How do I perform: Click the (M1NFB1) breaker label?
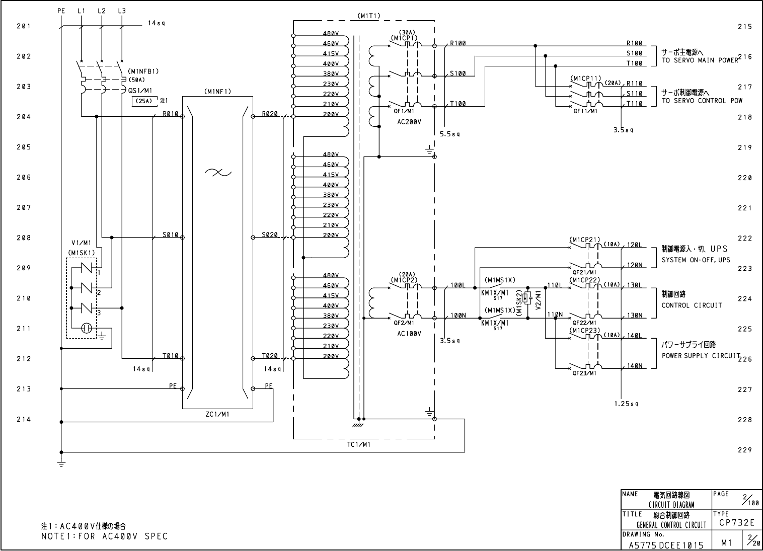coord(143,71)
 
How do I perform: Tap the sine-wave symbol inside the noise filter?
coord(218,173)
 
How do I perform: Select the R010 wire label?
coord(170,113)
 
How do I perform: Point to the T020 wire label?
coord(270,356)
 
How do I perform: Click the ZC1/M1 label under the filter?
coord(217,414)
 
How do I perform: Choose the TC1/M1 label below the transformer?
coord(359,444)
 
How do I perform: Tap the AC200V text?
coord(409,122)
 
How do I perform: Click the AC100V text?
coord(409,334)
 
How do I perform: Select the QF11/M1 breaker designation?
coord(585,111)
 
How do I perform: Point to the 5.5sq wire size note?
coord(449,134)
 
